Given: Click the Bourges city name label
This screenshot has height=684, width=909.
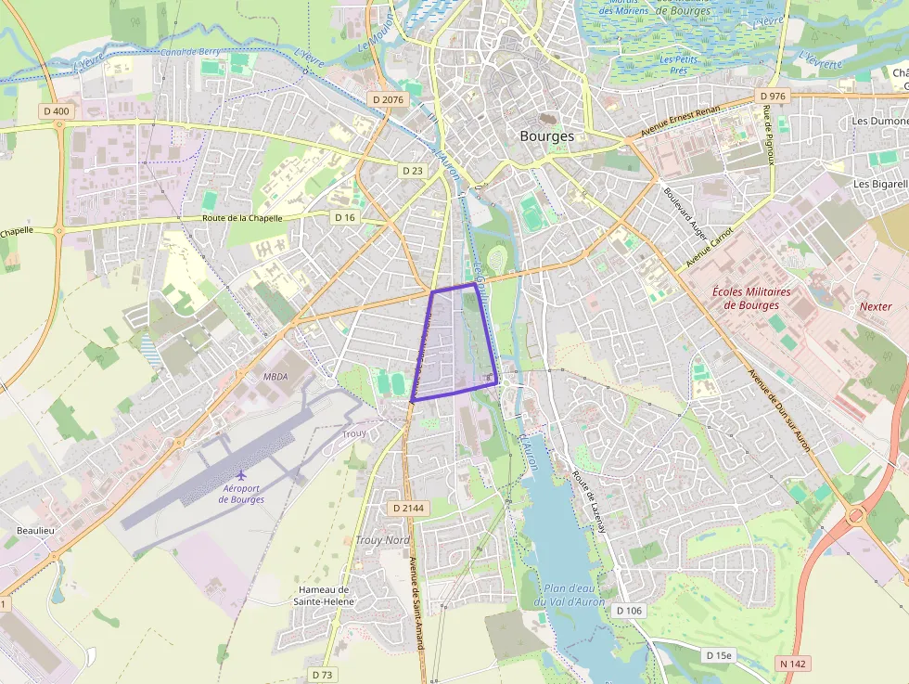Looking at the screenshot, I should (x=546, y=136).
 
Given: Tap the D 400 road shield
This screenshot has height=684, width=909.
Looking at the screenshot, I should (x=57, y=111).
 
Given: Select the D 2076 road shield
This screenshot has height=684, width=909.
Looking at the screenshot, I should (x=386, y=99).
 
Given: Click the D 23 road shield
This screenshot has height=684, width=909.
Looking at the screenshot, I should (x=413, y=171).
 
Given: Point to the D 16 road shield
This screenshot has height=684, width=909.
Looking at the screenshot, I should (x=345, y=217).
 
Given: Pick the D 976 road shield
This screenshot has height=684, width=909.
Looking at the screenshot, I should (x=772, y=97).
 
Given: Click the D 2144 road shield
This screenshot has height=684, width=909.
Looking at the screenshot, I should (x=408, y=508).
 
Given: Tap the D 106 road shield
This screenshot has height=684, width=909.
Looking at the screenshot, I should (x=628, y=610).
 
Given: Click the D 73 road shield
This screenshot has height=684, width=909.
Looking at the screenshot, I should (x=322, y=675).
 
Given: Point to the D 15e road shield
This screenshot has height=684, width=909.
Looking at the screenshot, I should (x=718, y=655).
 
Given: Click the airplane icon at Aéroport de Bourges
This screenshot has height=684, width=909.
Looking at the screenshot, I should (x=242, y=475).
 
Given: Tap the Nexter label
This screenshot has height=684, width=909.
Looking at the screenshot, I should (x=876, y=306).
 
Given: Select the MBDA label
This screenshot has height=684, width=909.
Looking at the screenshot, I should (x=275, y=377).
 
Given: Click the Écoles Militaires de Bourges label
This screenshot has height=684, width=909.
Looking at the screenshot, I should (x=751, y=298).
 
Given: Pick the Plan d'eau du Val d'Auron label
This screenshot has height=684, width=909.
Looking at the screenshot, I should (x=569, y=595).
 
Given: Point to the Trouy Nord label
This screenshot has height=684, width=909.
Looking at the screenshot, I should (x=382, y=539).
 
